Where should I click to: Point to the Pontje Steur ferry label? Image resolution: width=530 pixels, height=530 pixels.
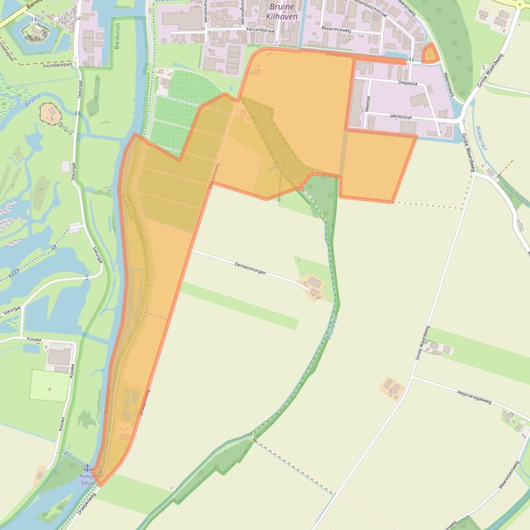click(86, 479)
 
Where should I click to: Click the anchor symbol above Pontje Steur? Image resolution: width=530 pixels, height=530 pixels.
click(87, 467)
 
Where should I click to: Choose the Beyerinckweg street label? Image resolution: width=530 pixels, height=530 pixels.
click(336, 30)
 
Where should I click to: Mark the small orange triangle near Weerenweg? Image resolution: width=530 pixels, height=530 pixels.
click(430, 54)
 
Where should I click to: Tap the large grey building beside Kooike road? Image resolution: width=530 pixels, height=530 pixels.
click(60, 355)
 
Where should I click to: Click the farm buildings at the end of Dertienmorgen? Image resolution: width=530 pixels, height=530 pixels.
click(314, 287)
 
